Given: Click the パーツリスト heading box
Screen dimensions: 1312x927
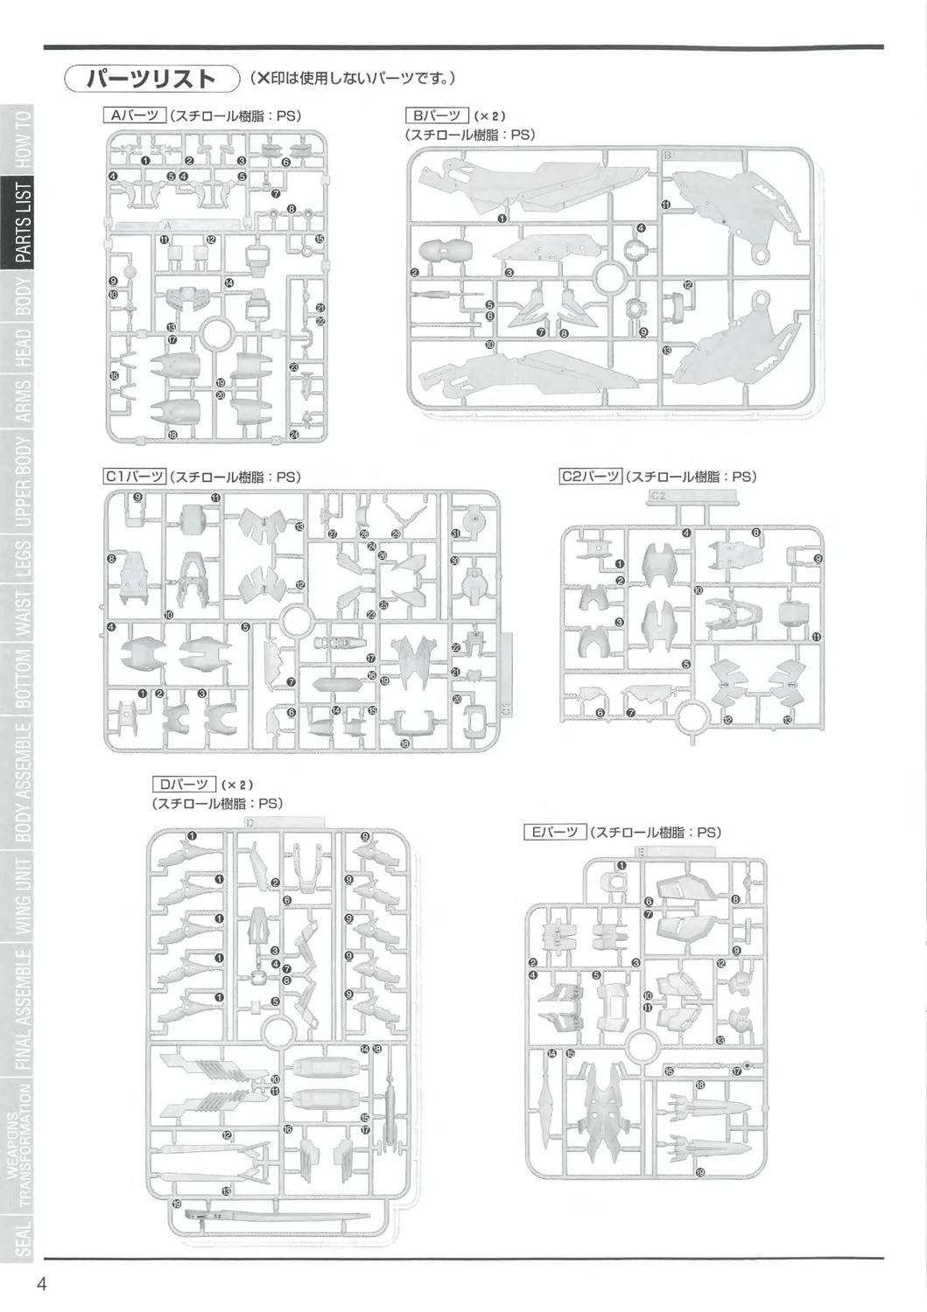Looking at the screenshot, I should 151,78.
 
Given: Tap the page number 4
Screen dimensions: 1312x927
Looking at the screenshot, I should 42,1284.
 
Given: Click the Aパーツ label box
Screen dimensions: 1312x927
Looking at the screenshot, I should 135,115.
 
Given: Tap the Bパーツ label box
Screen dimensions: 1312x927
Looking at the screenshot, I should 437,115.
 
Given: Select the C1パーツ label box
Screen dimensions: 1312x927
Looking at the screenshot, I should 135,477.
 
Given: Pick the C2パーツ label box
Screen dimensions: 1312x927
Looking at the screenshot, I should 591,477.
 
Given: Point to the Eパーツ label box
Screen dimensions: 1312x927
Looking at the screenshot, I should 555,832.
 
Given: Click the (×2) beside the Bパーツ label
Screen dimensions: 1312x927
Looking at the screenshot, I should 490,115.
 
